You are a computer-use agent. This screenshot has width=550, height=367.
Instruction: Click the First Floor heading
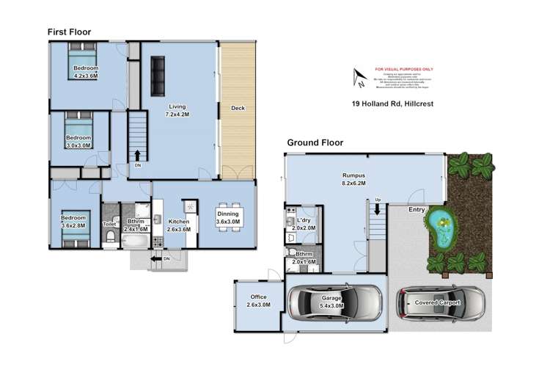point(70,32)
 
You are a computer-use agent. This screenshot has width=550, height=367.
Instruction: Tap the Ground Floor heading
point(315,143)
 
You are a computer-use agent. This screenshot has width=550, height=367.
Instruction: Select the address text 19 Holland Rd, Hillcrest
point(393,104)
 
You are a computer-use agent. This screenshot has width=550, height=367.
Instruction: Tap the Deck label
point(238,109)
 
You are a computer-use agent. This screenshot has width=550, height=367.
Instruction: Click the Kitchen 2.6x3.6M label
point(180,225)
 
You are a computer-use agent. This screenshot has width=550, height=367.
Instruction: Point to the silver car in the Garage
point(335,302)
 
